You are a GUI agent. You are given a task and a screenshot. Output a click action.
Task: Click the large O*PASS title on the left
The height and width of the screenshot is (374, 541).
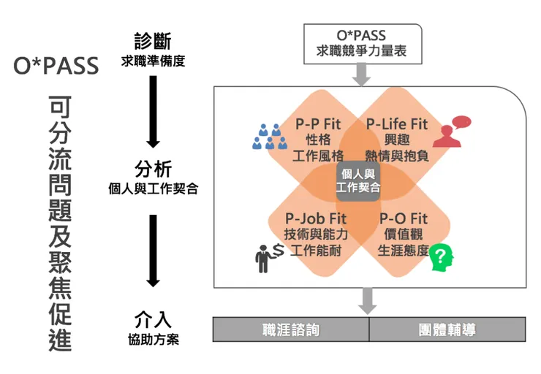(x=56, y=66)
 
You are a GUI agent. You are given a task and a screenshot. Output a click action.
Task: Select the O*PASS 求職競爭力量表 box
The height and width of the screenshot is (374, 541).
(x=363, y=43)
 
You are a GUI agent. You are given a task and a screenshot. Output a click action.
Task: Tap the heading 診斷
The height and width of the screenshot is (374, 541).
(x=153, y=41)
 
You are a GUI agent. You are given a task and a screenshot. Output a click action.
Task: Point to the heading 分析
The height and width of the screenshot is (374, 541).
(x=153, y=170)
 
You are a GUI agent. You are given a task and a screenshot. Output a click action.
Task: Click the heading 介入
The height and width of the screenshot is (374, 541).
(x=153, y=320)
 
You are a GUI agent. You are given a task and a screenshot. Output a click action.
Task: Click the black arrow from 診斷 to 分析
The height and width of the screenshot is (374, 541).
(x=153, y=110)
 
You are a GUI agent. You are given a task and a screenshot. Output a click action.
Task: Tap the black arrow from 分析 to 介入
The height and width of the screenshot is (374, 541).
(x=153, y=248)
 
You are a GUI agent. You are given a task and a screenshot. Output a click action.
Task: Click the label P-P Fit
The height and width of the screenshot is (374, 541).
(x=318, y=123)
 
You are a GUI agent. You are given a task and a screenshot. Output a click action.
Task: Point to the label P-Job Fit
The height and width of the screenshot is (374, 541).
(x=316, y=218)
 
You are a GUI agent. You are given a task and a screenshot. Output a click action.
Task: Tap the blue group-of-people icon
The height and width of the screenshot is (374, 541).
(x=268, y=136)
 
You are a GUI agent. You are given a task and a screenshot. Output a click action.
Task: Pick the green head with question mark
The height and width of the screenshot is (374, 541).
(x=441, y=256)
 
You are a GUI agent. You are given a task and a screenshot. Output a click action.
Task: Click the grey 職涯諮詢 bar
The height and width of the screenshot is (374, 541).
(x=291, y=329)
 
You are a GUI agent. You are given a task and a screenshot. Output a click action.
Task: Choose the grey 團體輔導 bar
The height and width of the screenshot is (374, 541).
(x=447, y=329)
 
